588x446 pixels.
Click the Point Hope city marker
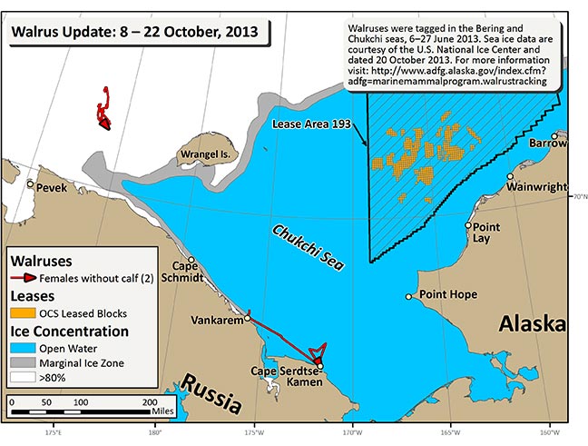(409, 296)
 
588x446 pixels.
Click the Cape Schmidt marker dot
(191, 260)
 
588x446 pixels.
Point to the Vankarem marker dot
(247, 319)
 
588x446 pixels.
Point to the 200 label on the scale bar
(151, 401)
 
